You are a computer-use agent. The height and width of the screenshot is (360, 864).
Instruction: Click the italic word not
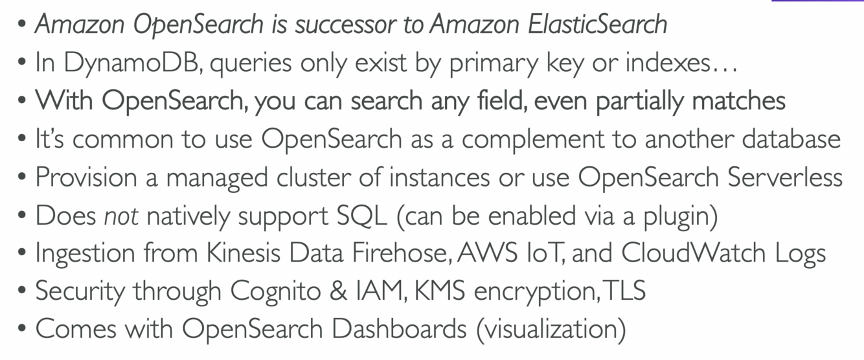pyautogui.click(x=120, y=215)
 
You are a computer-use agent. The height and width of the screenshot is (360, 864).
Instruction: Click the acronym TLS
pyautogui.click(x=624, y=291)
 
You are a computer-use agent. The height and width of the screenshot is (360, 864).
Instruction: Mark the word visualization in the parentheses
pyautogui.click(x=551, y=328)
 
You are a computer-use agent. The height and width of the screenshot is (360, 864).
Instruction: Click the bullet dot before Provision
pyautogui.click(x=23, y=177)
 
